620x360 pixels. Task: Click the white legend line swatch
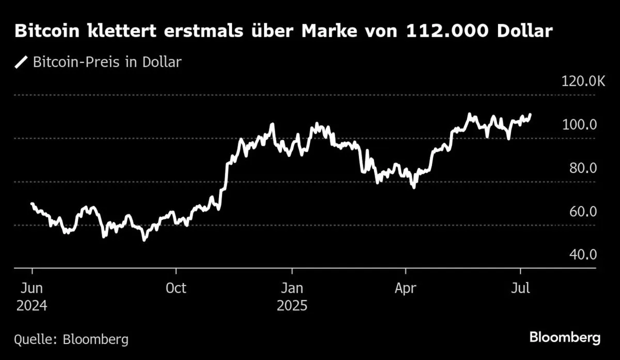coord(22,62)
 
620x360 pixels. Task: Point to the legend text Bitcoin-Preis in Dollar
coord(107,62)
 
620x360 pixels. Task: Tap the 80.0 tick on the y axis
coord(583,168)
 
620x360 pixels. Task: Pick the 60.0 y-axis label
coord(583,212)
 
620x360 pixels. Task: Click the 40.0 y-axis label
coord(583,255)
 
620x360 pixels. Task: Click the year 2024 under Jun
coord(32,305)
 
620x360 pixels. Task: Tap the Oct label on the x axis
coord(176,288)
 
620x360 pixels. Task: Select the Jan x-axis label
coord(292,288)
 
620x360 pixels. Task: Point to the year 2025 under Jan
coord(292,305)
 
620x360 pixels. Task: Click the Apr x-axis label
coord(406,288)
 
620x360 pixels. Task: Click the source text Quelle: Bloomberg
coord(71,339)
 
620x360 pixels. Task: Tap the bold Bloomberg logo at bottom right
coord(565,338)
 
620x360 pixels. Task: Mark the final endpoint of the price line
coord(530,114)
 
